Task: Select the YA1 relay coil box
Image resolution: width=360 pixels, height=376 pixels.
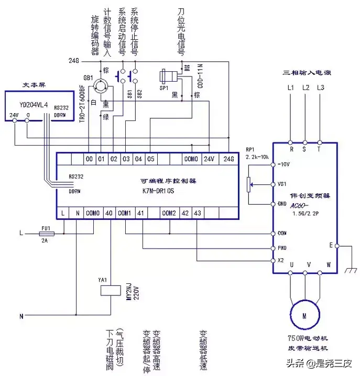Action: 104,295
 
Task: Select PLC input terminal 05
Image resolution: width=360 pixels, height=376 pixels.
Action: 150,158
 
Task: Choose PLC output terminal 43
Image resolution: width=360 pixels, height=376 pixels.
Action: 197,213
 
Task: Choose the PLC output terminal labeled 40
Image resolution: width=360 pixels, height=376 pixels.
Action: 109,213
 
